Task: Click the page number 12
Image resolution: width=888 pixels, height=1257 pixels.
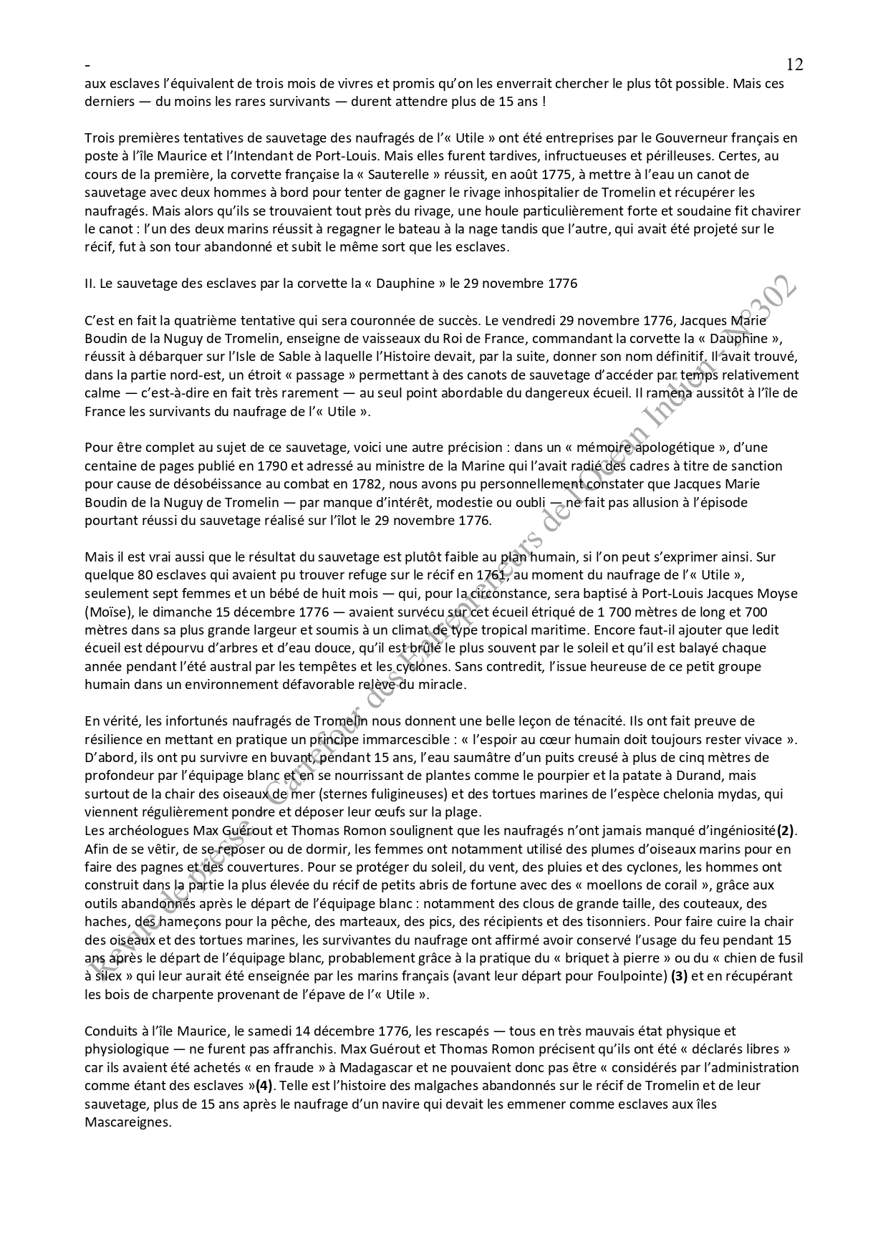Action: [794, 64]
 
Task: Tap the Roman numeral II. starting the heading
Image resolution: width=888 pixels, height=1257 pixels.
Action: [90, 283]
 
